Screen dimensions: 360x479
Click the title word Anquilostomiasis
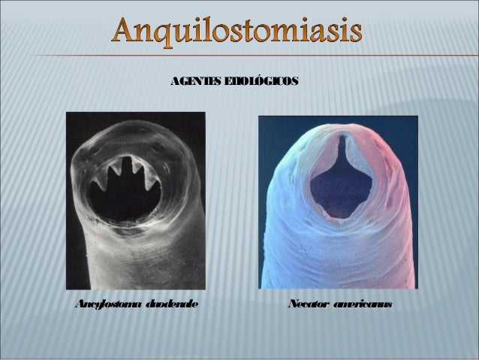coord(240,32)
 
